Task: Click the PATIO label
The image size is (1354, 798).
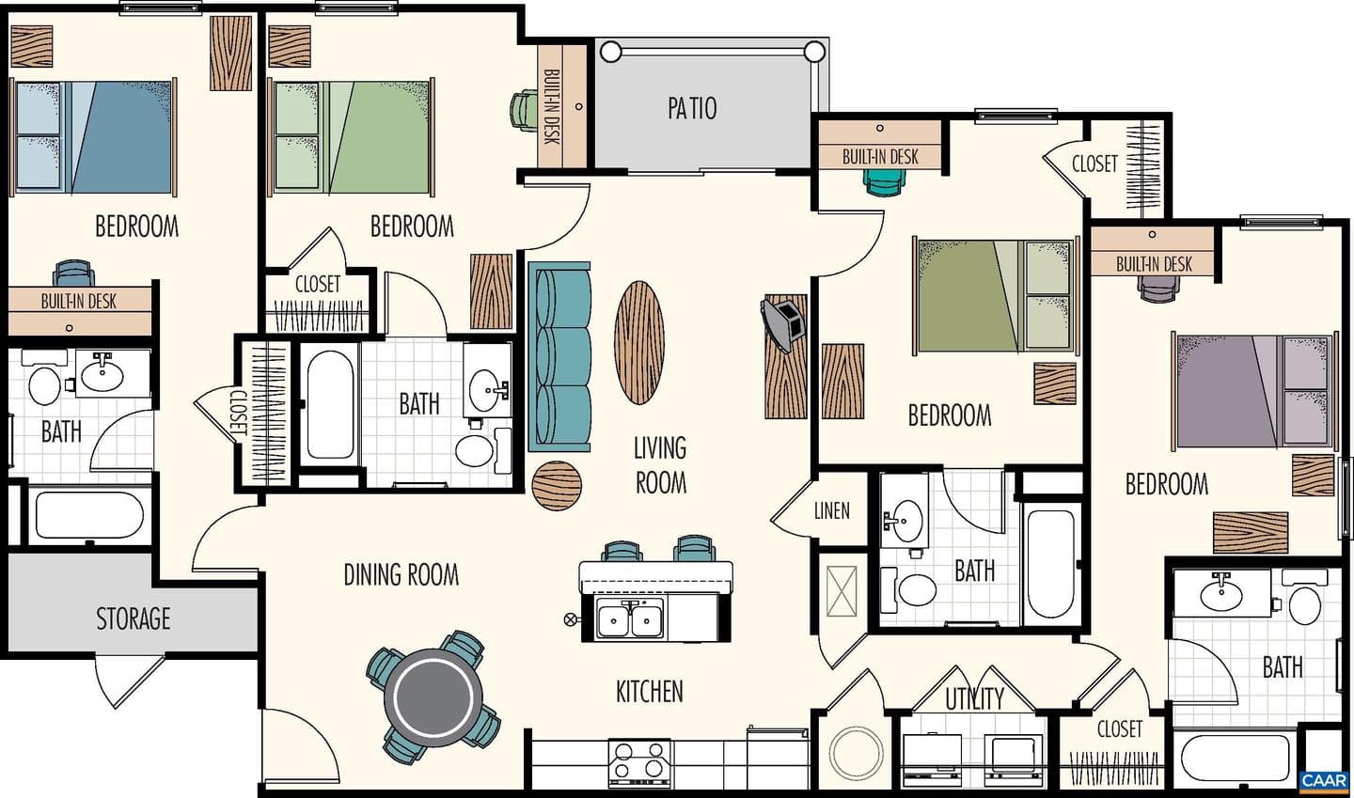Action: tap(692, 109)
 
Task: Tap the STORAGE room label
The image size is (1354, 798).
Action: tap(133, 618)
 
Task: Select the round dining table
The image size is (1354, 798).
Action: tap(433, 697)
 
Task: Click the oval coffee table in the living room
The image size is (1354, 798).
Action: tap(639, 342)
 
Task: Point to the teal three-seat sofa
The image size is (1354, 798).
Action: tap(559, 357)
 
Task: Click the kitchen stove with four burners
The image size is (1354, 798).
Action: tap(639, 762)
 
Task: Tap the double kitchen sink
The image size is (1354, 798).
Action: tap(630, 618)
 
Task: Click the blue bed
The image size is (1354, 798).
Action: tap(94, 137)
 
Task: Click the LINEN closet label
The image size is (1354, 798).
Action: tap(832, 511)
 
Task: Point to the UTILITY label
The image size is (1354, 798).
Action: tap(974, 699)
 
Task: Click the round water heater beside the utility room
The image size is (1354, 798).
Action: tap(857, 753)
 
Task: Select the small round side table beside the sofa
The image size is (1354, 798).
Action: tap(557, 486)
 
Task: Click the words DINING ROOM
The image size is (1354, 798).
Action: tap(401, 574)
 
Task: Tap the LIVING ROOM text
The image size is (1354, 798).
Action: tap(660, 465)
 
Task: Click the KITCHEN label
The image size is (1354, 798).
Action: tap(649, 692)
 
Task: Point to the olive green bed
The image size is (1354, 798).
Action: tap(996, 296)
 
